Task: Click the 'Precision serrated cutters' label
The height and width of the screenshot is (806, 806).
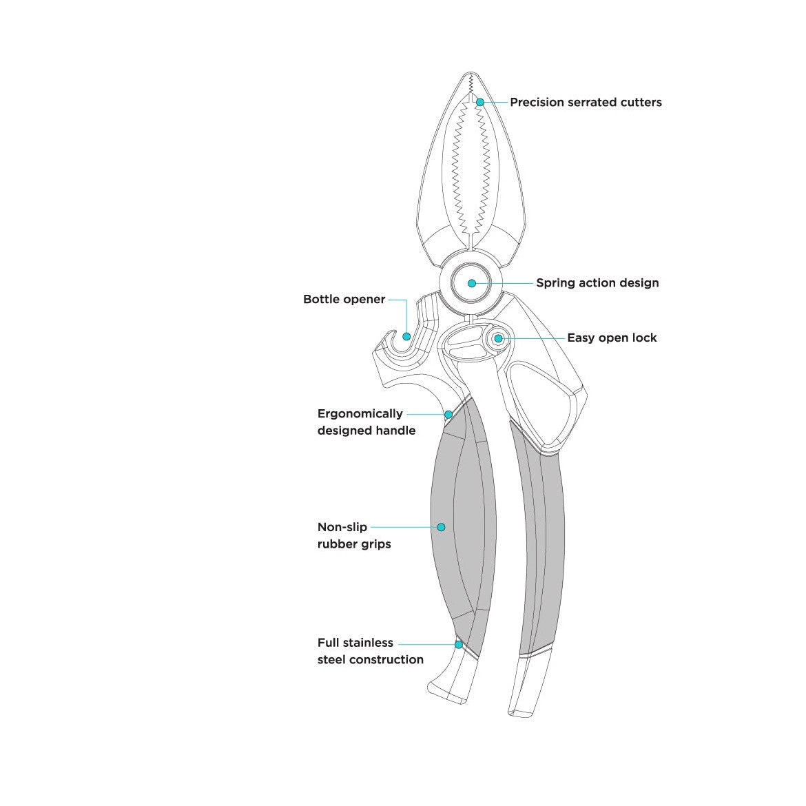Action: [586, 102]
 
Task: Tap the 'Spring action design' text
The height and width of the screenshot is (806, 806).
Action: [597, 282]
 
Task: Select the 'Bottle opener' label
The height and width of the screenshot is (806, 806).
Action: [344, 299]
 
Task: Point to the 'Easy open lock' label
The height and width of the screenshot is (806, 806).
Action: [612, 338]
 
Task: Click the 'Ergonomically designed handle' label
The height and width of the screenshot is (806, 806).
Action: [366, 422]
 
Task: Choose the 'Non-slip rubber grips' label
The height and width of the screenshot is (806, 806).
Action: [354, 535]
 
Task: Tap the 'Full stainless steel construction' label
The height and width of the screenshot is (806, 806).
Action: [370, 651]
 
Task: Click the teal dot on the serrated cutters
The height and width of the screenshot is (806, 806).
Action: [480, 102]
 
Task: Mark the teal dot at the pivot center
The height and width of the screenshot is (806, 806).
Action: [472, 283]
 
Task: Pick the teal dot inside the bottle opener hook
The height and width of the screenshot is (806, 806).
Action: [406, 336]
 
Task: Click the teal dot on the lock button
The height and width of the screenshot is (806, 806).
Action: [498, 338]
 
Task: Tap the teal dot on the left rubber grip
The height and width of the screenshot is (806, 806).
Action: [441, 527]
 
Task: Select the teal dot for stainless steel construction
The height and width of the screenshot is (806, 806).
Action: [459, 644]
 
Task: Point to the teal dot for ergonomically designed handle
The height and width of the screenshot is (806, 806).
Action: [448, 414]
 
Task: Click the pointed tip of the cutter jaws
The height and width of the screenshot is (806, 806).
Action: [471, 73]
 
